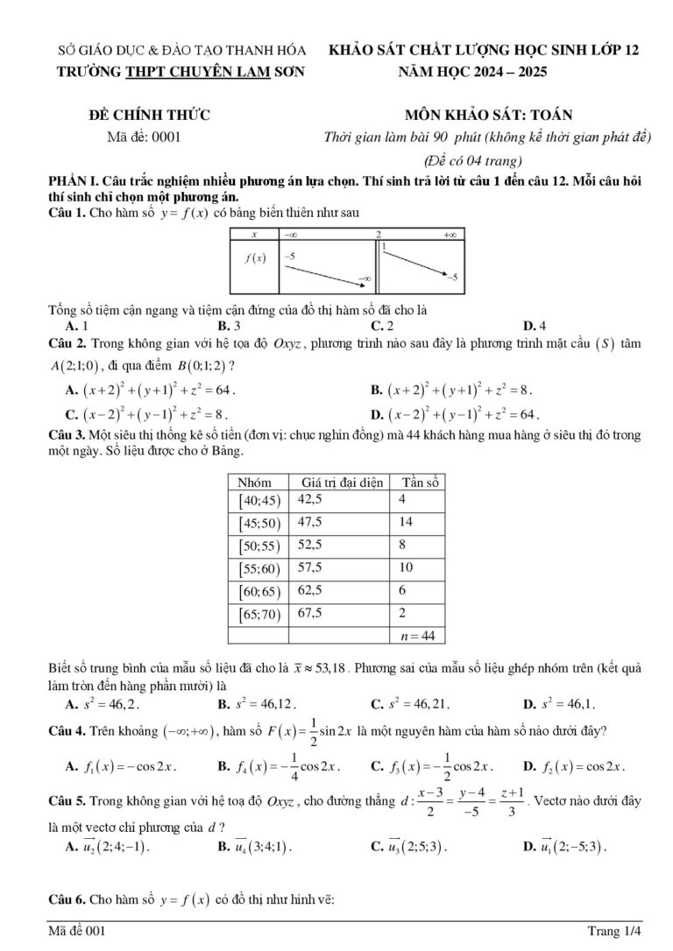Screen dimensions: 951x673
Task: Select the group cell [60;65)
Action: [259, 591]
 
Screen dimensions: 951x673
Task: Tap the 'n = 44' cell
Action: [417, 635]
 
